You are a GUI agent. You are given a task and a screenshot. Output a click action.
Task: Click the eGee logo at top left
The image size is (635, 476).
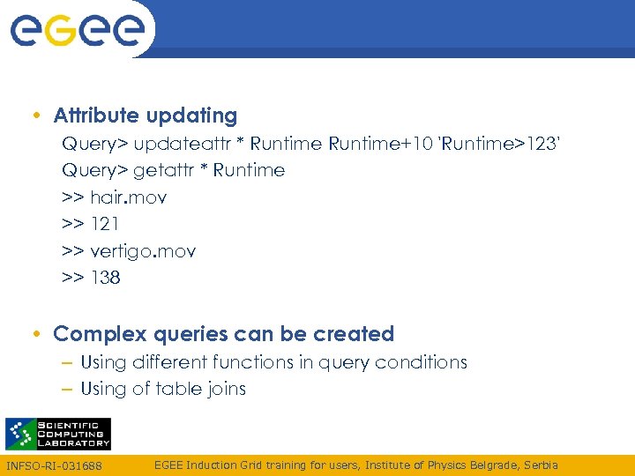point(77,30)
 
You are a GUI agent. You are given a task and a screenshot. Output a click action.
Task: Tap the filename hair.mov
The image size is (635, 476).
point(129,197)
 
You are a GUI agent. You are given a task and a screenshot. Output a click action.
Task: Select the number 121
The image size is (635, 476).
point(106,224)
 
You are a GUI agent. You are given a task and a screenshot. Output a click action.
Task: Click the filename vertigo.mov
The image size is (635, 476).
point(143,251)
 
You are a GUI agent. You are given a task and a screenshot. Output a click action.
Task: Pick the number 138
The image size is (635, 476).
point(106,278)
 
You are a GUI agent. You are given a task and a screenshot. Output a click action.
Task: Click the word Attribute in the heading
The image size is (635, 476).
point(96,115)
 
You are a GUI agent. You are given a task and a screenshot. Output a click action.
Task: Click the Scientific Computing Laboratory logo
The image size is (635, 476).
point(58,434)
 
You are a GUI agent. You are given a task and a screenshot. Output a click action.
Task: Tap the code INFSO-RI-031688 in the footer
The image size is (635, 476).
point(54,465)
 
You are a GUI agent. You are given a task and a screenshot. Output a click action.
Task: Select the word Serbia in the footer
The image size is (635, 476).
point(540,465)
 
